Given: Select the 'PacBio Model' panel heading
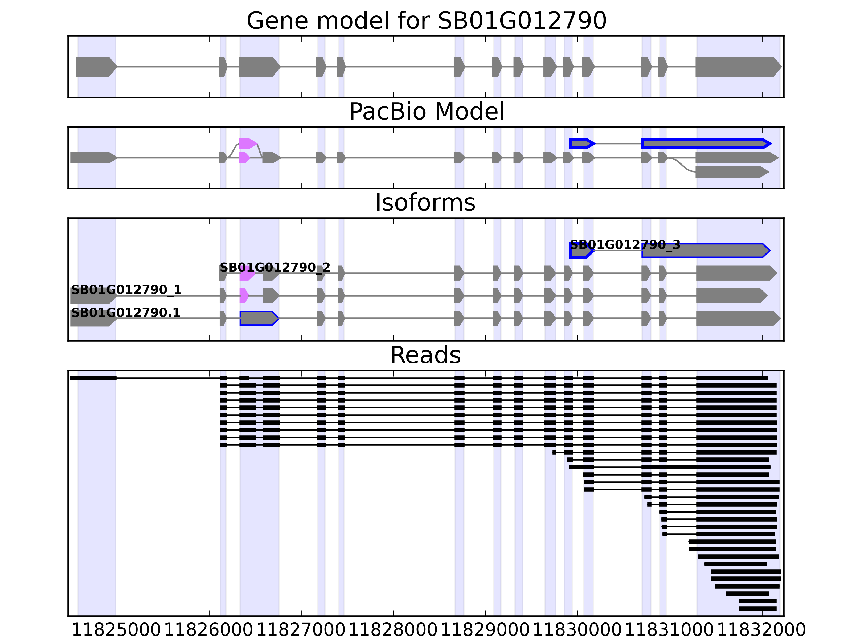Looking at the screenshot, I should point(426,112).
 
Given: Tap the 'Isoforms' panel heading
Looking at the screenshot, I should point(425,203).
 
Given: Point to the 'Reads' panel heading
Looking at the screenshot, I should point(425,355).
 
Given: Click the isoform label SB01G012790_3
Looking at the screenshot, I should point(625,245).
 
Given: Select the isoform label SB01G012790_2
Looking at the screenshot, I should point(275,267).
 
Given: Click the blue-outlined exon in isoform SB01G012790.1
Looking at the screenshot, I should point(258,318).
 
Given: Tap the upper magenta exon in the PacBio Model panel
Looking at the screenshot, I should point(247,144).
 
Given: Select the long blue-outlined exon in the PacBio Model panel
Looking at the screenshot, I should point(705,144).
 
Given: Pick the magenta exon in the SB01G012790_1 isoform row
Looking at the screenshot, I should point(243,296).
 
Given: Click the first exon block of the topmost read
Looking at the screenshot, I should point(93,378).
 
